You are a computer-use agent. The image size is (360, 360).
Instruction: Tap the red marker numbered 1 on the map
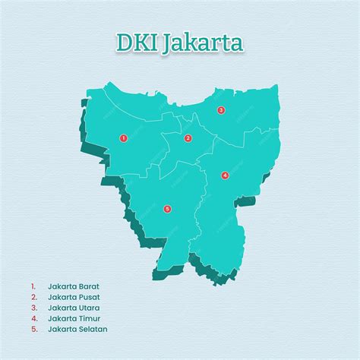click(x=123, y=138)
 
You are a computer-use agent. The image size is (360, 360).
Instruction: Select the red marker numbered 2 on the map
click(x=188, y=138)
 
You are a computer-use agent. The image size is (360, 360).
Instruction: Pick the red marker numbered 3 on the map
click(x=221, y=110)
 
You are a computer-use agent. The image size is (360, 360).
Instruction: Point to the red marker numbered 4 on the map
click(x=225, y=175)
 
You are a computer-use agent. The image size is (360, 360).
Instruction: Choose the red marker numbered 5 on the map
click(x=167, y=208)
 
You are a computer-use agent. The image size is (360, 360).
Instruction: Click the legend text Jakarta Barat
click(x=74, y=286)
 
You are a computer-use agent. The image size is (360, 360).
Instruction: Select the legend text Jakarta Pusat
click(x=74, y=297)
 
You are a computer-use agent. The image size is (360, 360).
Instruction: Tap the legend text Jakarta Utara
click(x=74, y=308)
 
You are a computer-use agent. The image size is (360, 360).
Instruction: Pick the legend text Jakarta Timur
click(x=74, y=318)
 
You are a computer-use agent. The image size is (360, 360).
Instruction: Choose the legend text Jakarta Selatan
click(x=77, y=329)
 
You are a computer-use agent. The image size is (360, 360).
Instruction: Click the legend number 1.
click(x=33, y=286)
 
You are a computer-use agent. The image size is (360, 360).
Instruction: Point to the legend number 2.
click(x=33, y=297)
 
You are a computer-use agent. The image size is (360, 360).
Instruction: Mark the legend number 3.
click(x=33, y=308)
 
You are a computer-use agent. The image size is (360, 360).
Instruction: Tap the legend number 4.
click(x=33, y=318)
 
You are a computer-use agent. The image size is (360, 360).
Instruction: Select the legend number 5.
click(x=33, y=329)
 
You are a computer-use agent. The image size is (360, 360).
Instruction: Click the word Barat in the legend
click(x=90, y=286)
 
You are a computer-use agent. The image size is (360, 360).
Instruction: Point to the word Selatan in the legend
click(x=93, y=329)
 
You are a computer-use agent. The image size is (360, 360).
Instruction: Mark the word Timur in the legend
click(x=90, y=318)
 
